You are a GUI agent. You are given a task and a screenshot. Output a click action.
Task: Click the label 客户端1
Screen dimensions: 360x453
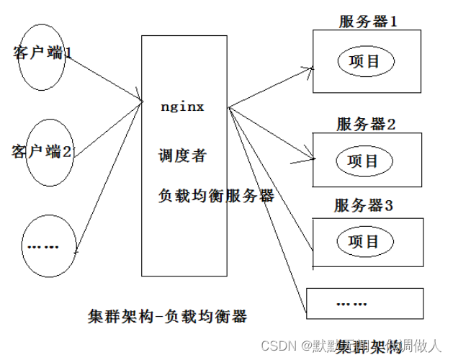coord(42,52)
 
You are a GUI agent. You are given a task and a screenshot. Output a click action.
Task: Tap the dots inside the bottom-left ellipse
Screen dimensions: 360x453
coord(42,247)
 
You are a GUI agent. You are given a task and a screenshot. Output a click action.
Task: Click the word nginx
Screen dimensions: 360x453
coord(183,107)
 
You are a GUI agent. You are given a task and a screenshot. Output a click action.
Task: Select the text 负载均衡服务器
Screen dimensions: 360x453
coord(216,195)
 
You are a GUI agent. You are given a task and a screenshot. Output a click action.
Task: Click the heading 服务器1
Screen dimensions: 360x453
coord(368,21)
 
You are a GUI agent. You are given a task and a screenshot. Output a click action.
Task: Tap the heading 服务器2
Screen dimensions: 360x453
coord(366,124)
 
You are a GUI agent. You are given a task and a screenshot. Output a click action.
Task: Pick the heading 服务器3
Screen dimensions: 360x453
coord(363,206)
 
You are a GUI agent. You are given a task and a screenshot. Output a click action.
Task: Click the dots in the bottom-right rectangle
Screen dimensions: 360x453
coord(352,304)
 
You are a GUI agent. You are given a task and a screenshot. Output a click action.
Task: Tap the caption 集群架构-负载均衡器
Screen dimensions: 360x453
coord(167,315)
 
